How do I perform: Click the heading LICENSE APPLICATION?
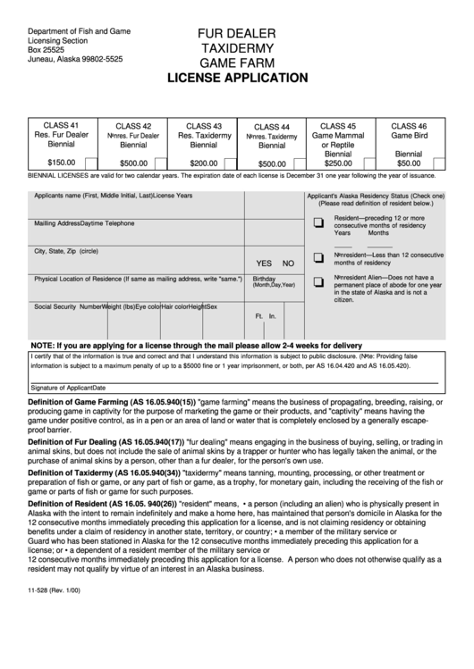(238, 79)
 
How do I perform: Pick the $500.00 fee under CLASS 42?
(133, 163)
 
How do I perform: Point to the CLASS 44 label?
(272, 127)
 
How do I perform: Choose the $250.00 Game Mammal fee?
(338, 163)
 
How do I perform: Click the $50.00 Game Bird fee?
(409, 163)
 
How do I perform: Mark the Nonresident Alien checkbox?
(318, 283)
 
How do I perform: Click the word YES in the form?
(264, 263)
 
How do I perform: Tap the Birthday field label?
(264, 278)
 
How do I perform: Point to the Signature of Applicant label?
(68, 388)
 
